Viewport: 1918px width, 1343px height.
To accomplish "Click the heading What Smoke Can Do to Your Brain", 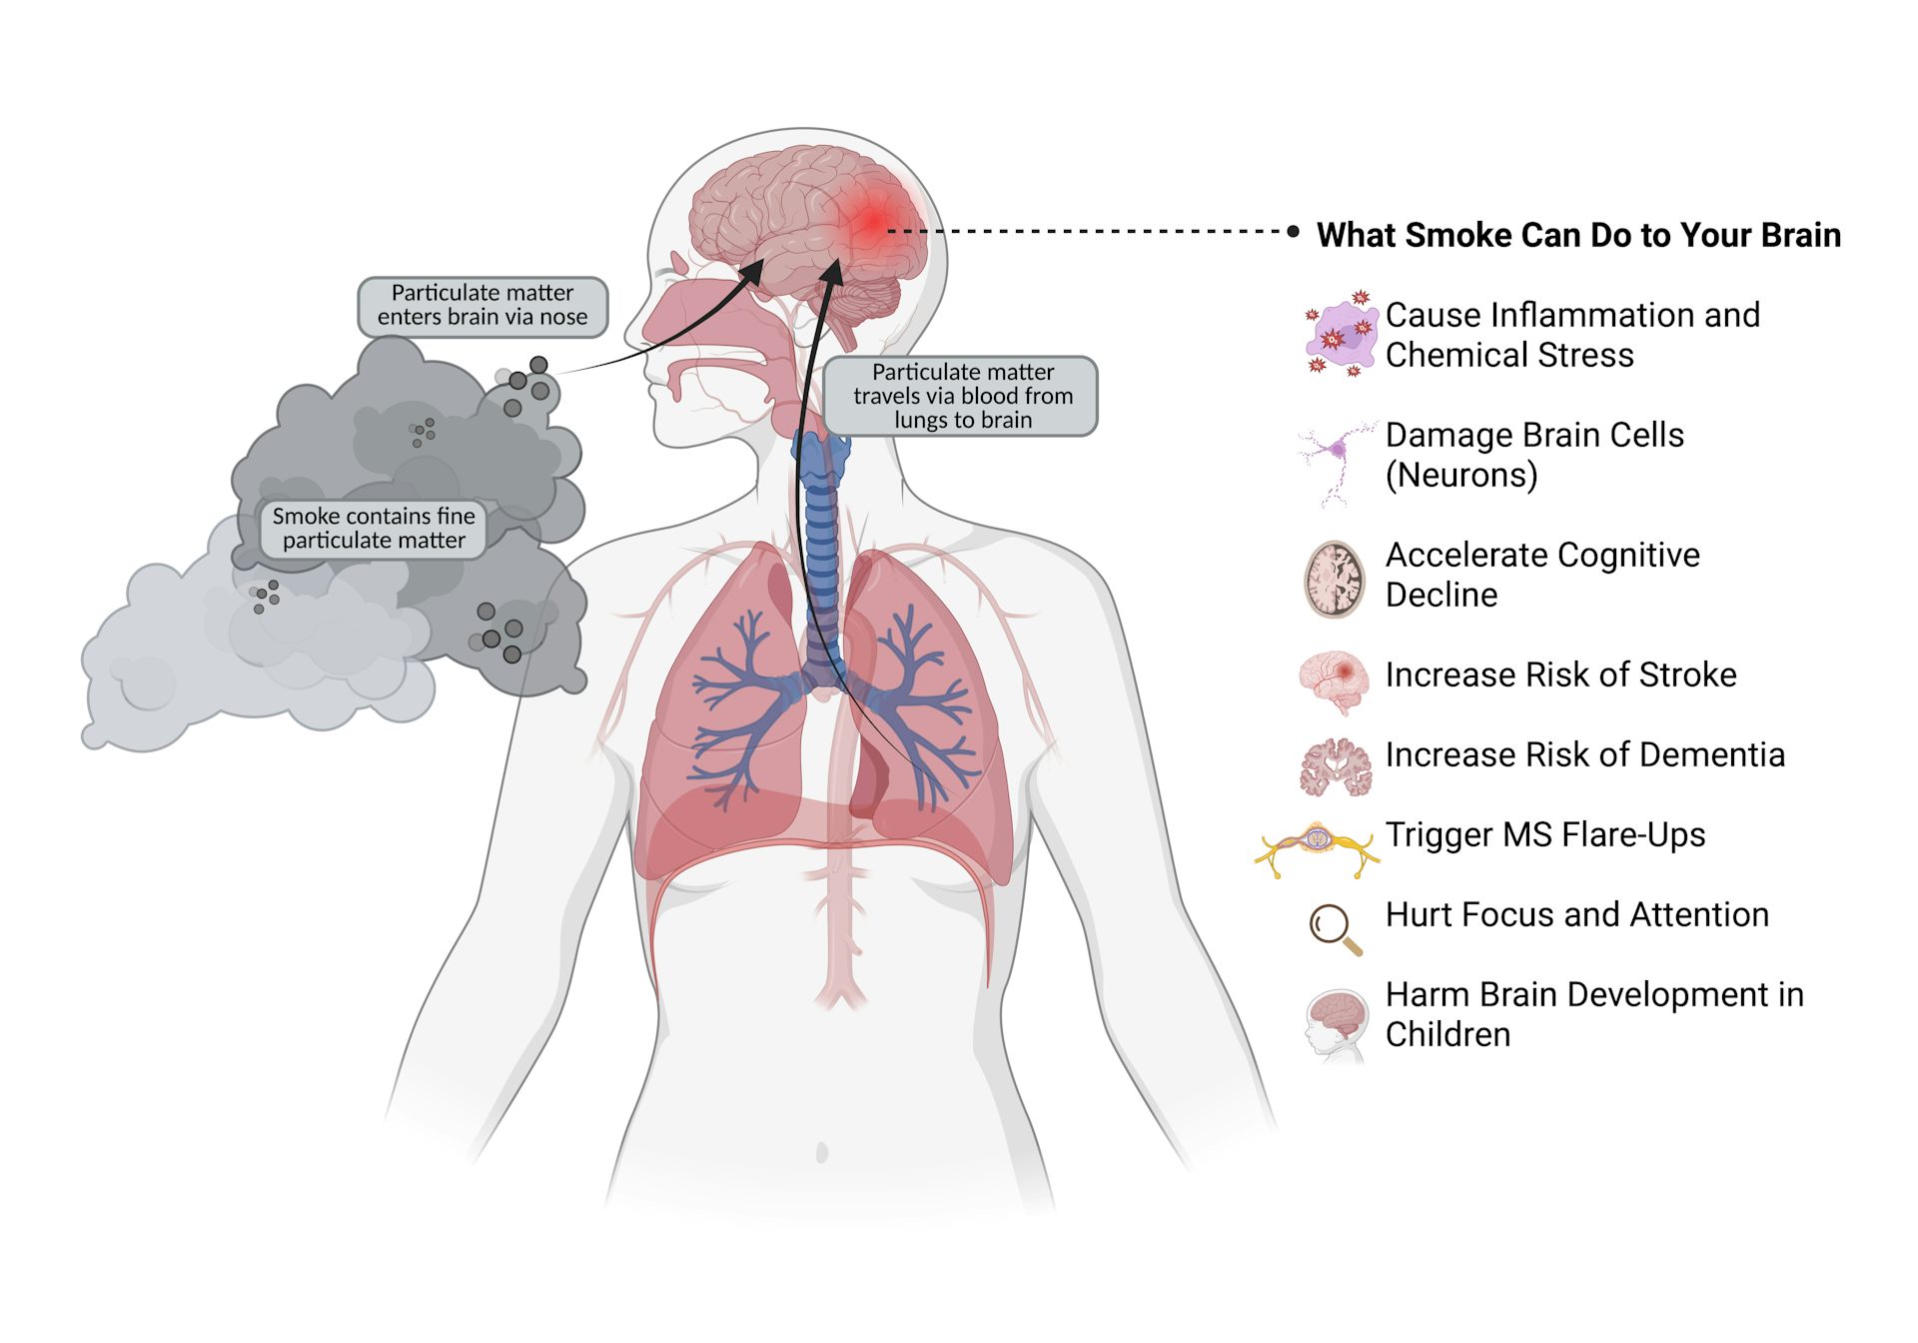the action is tap(1578, 235).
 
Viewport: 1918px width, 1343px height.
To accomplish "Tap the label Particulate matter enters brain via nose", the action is tap(482, 306).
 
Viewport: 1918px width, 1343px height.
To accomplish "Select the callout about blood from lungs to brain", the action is tap(962, 396).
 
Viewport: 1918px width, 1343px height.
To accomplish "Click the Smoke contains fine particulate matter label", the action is tap(374, 529).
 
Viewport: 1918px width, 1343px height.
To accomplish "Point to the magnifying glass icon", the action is tap(1336, 929).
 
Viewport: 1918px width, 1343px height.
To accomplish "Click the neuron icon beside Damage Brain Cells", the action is tap(1337, 463).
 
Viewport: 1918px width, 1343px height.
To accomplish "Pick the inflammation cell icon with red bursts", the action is tap(1340, 333).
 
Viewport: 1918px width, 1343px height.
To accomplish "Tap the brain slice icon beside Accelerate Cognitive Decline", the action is tap(1335, 579).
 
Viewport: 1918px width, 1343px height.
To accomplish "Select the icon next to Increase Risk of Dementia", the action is tap(1336, 766).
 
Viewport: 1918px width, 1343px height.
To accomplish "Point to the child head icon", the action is tap(1336, 1024).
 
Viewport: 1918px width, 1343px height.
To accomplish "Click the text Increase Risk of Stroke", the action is tap(1560, 674).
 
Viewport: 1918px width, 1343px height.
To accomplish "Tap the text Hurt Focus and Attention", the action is tap(1576, 914).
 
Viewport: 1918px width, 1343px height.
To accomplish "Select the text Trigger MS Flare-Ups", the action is tap(1545, 834).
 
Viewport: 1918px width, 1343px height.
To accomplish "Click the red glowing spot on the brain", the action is tap(875, 221).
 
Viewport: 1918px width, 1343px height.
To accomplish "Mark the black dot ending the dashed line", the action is tap(1294, 232).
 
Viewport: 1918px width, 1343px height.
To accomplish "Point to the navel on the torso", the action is tap(822, 1152).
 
